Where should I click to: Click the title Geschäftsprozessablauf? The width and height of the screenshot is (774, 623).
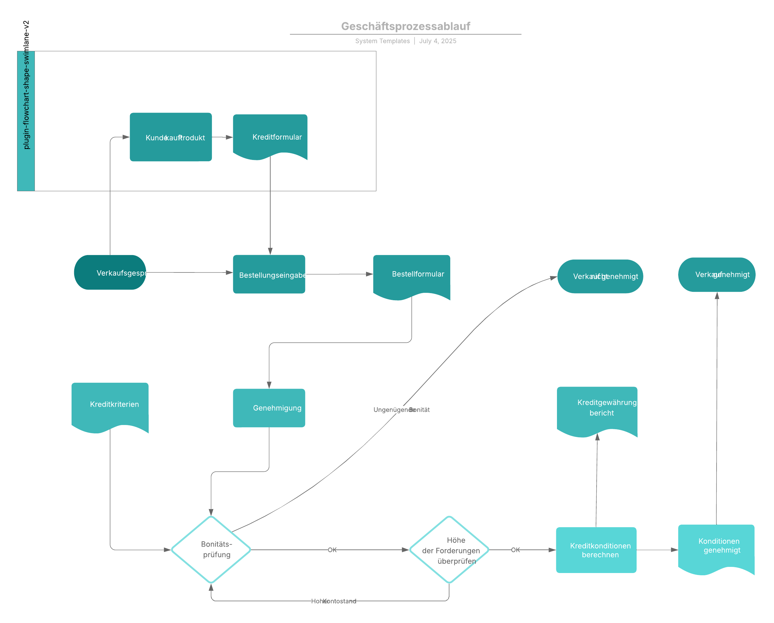click(x=405, y=26)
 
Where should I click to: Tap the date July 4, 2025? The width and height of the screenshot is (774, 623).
click(x=438, y=41)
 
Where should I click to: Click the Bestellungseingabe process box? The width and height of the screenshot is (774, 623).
click(x=269, y=274)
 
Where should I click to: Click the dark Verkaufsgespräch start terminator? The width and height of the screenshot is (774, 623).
click(x=110, y=272)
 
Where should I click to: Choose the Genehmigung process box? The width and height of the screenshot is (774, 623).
click(x=269, y=408)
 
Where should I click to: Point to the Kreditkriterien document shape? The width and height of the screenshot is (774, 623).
click(x=110, y=406)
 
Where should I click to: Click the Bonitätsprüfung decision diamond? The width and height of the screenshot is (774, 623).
click(x=211, y=549)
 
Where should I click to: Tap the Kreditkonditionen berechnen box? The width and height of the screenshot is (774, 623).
click(x=596, y=550)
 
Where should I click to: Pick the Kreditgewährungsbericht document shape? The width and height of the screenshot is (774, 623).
click(x=597, y=409)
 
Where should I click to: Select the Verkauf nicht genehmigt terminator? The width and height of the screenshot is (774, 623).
click(x=600, y=276)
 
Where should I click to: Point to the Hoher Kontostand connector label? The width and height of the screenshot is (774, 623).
click(x=333, y=601)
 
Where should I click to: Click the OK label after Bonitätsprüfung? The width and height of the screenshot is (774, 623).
click(x=332, y=550)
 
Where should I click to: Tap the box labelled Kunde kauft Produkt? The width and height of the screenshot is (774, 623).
click(x=171, y=137)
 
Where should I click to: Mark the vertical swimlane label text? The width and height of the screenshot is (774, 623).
click(x=26, y=85)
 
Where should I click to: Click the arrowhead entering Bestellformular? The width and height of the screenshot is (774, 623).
click(x=369, y=274)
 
